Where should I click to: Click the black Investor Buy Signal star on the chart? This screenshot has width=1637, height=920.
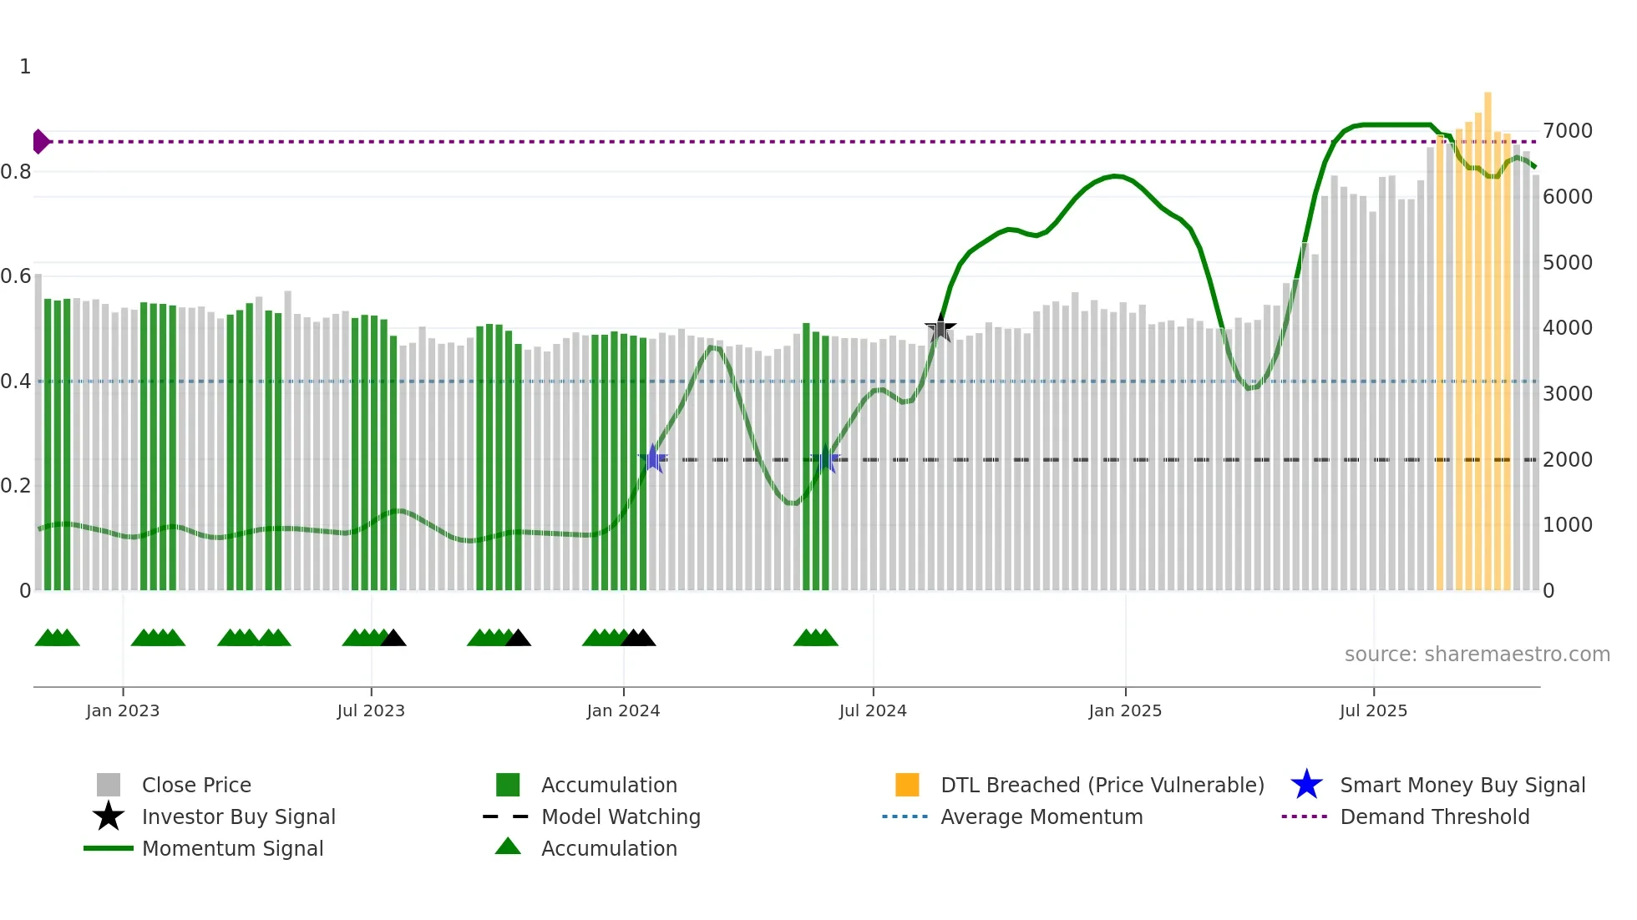click(x=940, y=330)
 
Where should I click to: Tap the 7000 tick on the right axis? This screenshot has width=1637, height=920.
click(x=1567, y=131)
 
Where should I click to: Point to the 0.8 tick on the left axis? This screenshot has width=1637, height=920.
click(x=16, y=172)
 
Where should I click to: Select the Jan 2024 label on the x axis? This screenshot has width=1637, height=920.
click(x=623, y=710)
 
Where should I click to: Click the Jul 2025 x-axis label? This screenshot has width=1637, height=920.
click(x=1373, y=710)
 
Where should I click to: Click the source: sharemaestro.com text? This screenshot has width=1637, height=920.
click(x=1477, y=655)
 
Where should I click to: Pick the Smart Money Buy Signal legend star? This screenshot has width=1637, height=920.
click(x=1306, y=785)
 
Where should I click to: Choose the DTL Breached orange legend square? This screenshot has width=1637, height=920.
click(x=907, y=785)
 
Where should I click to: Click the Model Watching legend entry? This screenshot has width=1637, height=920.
click(x=621, y=816)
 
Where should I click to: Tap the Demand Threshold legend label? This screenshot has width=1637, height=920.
click(x=1434, y=816)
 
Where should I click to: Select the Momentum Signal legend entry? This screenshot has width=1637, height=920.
click(x=232, y=848)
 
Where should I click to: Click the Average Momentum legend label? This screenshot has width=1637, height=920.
click(x=1041, y=816)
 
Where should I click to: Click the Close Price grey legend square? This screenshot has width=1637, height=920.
click(x=109, y=785)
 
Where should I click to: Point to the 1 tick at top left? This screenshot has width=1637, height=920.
click(x=25, y=67)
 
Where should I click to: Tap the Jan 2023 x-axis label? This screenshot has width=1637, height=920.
click(x=123, y=710)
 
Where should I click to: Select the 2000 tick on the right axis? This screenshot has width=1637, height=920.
click(x=1567, y=460)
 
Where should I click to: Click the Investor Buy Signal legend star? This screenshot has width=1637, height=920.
click(x=109, y=816)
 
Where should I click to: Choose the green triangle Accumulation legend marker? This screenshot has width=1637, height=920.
click(x=508, y=847)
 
